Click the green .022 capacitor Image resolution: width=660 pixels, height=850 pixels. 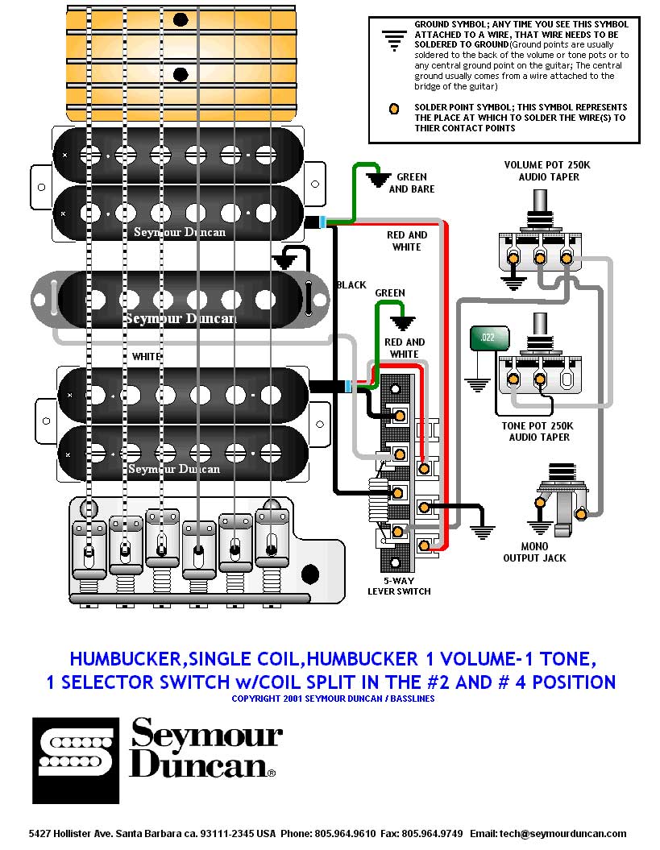[486, 338]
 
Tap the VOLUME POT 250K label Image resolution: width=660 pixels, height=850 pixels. [547, 171]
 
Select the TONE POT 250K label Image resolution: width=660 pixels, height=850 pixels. [539, 431]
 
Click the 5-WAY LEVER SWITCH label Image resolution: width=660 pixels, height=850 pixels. [399, 586]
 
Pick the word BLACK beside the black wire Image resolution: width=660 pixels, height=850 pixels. [351, 284]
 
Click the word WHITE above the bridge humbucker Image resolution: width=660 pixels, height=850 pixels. [147, 356]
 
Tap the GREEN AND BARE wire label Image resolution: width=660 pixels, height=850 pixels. [412, 183]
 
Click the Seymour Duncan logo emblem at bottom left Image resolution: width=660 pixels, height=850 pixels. [76, 760]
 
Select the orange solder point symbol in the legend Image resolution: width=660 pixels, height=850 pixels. [393, 109]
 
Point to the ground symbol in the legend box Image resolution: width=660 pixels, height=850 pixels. [393, 39]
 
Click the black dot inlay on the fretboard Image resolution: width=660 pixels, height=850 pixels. [181, 18]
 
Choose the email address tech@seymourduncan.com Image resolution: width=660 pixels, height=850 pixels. [548, 834]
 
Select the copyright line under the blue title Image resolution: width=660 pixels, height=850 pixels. [333, 699]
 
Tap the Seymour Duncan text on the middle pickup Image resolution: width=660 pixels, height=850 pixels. [181, 318]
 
